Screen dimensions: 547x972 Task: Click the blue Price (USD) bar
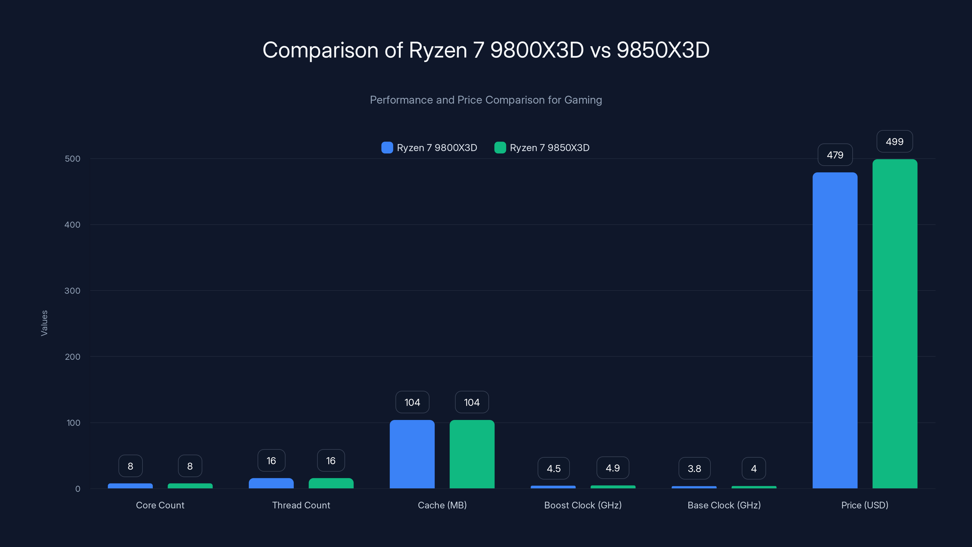[835, 330]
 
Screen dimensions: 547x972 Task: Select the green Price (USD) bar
[895, 324]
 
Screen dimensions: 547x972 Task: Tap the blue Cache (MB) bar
[412, 454]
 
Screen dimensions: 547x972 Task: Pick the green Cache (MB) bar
[472, 454]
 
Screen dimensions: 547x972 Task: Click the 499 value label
[895, 142]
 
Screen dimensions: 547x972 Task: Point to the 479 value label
[835, 155]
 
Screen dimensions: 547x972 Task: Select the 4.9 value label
[613, 468]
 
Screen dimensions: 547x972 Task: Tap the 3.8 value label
[694, 469]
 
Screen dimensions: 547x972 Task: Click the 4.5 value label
[553, 469]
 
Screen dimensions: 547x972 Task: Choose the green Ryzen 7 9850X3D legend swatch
[500, 148]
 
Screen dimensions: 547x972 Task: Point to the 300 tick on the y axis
[73, 291]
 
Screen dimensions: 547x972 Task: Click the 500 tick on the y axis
[73, 159]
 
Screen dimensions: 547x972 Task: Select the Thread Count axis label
[301, 505]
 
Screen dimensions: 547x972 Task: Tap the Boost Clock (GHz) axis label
[583, 505]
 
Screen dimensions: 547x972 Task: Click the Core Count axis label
[160, 505]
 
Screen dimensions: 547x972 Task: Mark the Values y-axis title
[44, 323]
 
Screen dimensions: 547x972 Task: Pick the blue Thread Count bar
[271, 483]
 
